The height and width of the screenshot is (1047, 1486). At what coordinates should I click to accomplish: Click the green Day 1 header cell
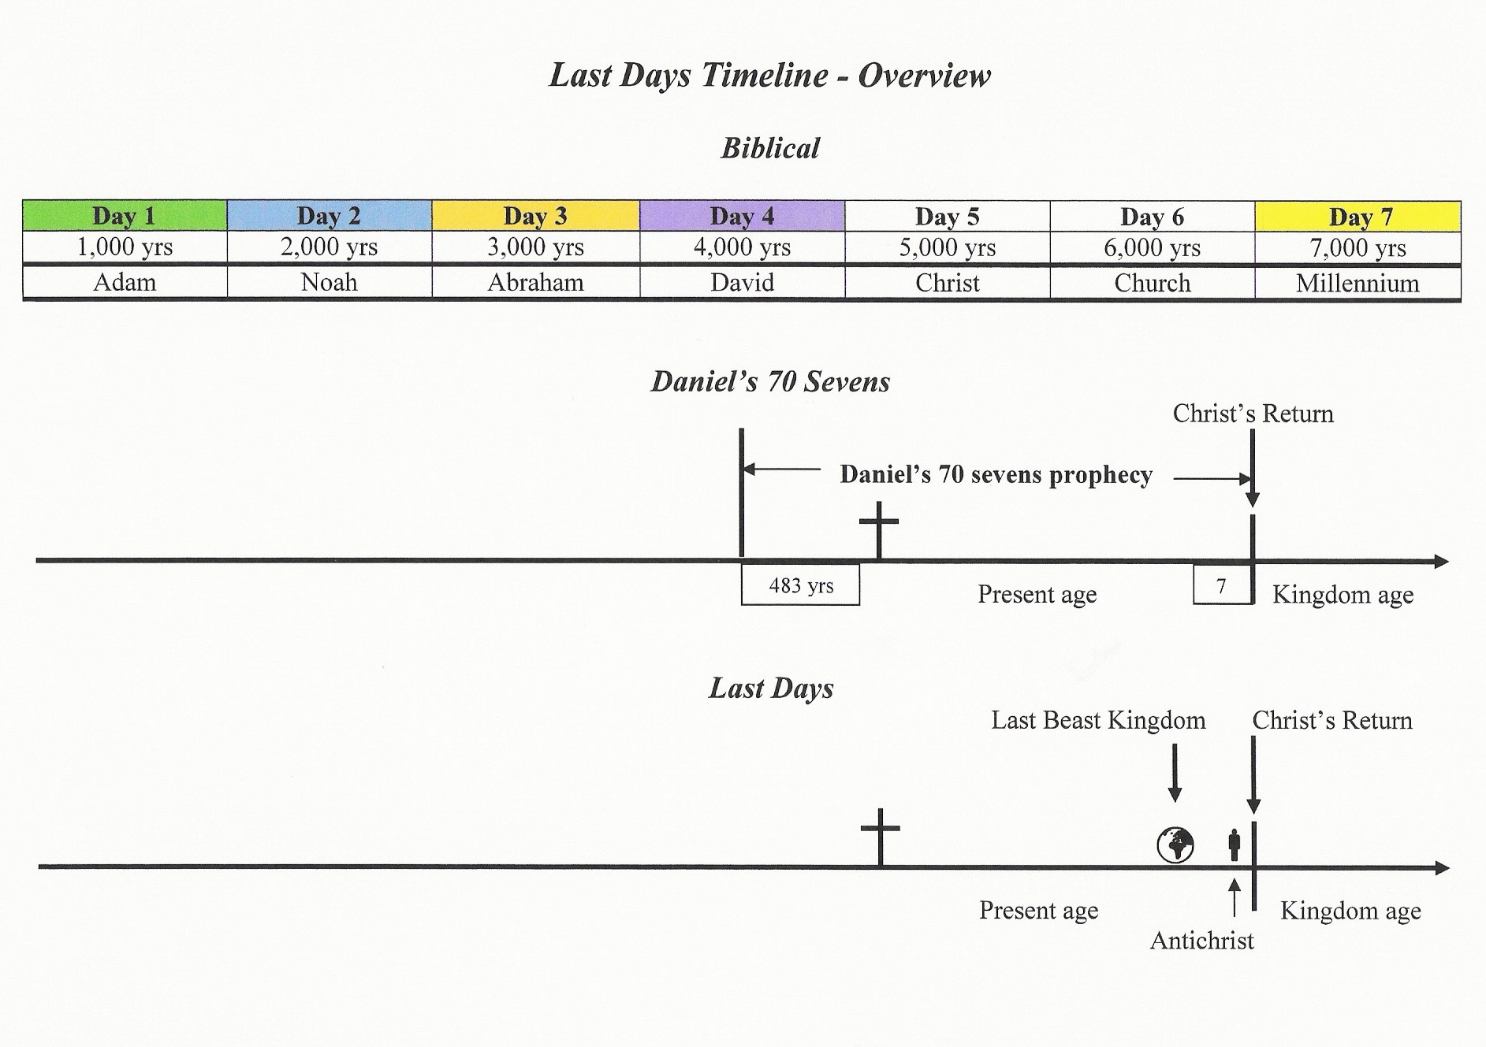[125, 216]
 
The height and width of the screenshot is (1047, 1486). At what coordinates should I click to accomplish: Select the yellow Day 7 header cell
[1358, 217]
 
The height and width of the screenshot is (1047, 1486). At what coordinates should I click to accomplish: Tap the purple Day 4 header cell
[742, 216]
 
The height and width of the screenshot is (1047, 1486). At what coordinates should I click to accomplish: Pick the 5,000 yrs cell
[948, 247]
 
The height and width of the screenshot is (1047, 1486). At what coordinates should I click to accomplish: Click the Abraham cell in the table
[536, 282]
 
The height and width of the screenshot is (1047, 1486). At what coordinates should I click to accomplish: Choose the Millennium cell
[1358, 283]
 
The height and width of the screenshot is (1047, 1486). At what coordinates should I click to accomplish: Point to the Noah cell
[330, 282]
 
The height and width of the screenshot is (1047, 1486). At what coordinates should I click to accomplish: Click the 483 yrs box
[800, 585]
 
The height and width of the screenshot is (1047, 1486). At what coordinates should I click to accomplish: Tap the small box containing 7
[1222, 585]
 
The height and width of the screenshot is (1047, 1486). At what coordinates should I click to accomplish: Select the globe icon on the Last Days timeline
[1175, 845]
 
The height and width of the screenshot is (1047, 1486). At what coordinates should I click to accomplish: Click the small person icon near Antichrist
[1234, 845]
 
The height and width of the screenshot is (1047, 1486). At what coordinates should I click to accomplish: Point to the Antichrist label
[1201, 941]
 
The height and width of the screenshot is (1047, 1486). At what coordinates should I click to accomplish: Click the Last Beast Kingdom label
[1098, 720]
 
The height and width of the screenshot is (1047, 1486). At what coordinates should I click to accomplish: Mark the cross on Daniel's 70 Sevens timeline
[878, 530]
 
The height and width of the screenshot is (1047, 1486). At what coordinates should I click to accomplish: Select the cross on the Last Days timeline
[880, 837]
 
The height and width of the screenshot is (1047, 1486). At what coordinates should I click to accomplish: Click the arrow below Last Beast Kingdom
[1175, 773]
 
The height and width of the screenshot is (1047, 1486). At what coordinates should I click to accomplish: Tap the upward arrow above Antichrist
[1235, 898]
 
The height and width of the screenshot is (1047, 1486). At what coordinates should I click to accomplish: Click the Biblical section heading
[770, 148]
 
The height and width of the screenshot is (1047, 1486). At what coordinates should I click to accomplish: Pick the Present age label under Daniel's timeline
[1037, 595]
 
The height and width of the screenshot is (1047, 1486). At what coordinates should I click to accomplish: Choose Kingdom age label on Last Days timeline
[1350, 911]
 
